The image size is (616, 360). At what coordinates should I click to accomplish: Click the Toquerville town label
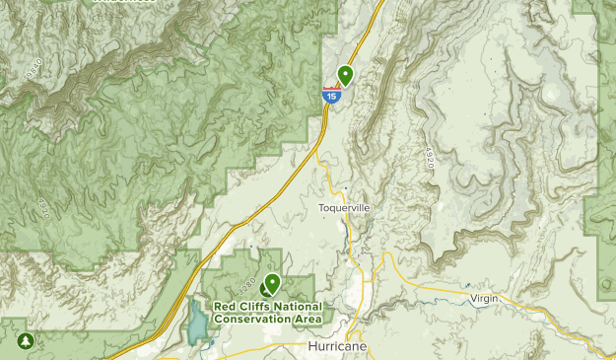pyautogui.click(x=344, y=208)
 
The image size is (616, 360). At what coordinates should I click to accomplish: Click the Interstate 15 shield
pyautogui.click(x=330, y=95)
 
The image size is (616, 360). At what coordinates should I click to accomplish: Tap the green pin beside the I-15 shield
pyautogui.click(x=346, y=74)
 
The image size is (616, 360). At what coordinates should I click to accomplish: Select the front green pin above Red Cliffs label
pyautogui.click(x=272, y=284)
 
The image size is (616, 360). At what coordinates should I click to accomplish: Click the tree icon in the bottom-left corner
pyautogui.click(x=25, y=342)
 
